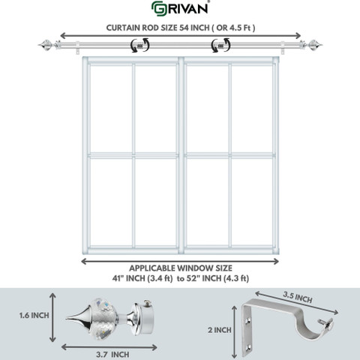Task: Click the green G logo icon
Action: pyautogui.click(x=158, y=9)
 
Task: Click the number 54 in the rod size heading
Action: pyautogui.click(x=184, y=28)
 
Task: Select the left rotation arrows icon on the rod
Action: pyautogui.click(x=140, y=45)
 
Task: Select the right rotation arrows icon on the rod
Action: pyautogui.click(x=220, y=45)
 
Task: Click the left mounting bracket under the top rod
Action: pyautogui.click(x=78, y=47)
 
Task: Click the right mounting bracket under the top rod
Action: pyautogui.click(x=283, y=47)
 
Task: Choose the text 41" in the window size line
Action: pyautogui.click(x=117, y=278)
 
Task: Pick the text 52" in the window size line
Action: pyautogui.click(x=192, y=278)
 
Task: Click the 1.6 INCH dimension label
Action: pyautogui.click(x=34, y=316)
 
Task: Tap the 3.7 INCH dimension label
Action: pyautogui.click(x=112, y=355)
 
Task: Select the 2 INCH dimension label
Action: pyautogui.click(x=220, y=330)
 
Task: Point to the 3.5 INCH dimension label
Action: pyautogui.click(x=298, y=298)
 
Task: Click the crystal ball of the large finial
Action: pyautogui.click(x=104, y=319)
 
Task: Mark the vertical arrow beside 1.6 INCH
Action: pyautogui.click(x=52, y=317)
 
